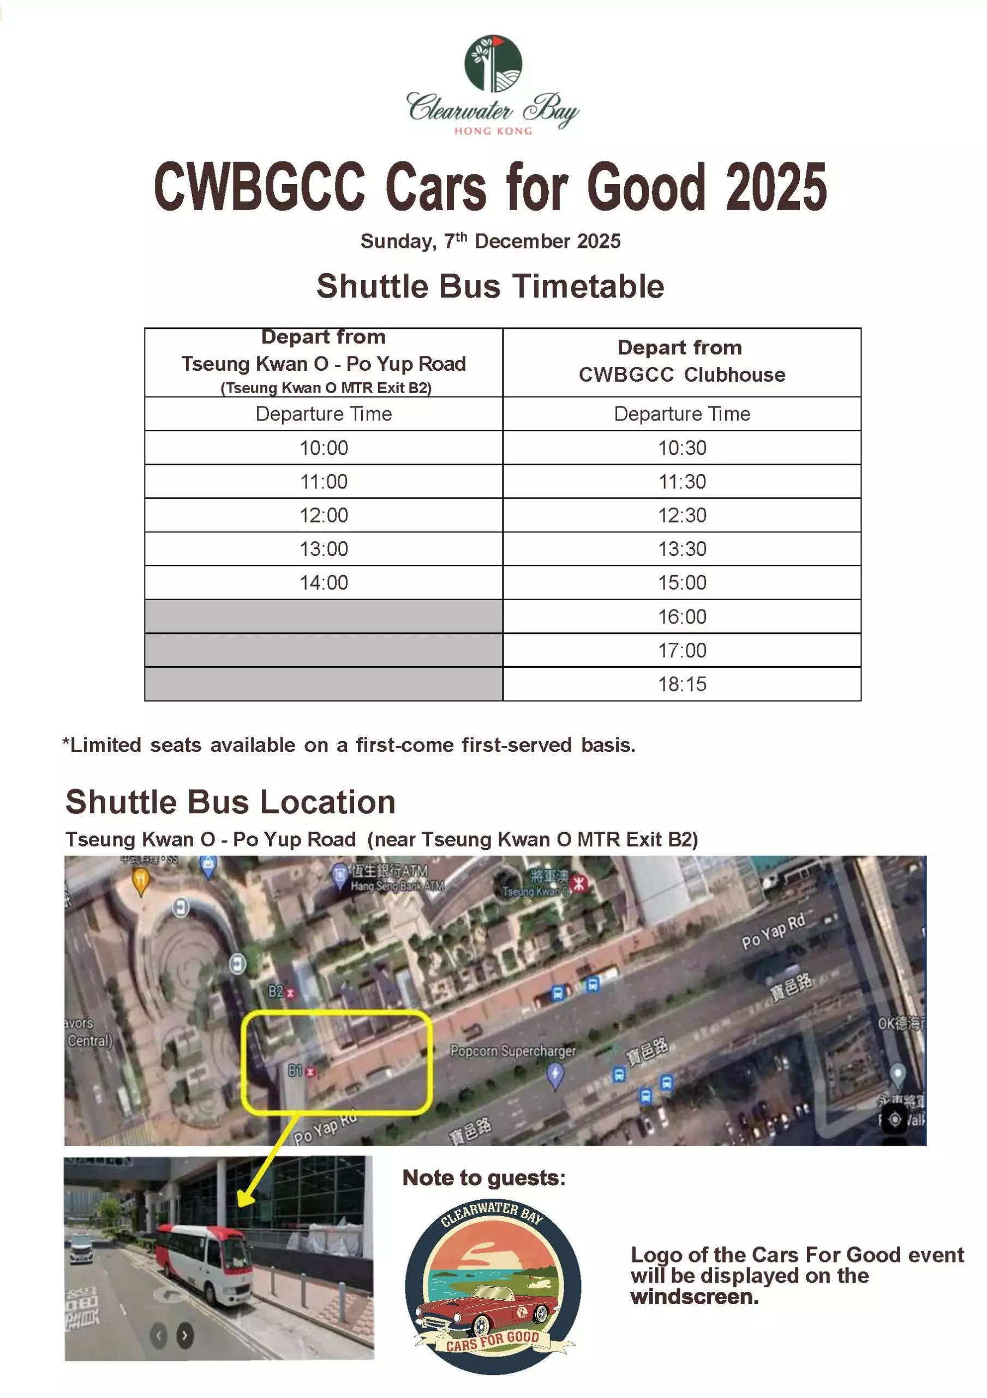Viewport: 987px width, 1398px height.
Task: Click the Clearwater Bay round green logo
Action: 492,63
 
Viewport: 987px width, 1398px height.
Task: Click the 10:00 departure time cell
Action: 323,448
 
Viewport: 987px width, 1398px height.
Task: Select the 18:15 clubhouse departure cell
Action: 681,684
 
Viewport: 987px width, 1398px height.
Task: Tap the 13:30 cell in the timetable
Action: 681,549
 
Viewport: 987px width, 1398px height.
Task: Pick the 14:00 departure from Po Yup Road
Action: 323,583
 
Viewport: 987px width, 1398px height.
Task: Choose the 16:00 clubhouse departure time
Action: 681,617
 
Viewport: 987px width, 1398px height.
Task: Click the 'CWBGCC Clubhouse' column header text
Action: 681,375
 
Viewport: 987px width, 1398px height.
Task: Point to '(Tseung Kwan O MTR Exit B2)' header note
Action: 326,388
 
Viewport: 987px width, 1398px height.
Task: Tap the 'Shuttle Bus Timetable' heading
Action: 490,286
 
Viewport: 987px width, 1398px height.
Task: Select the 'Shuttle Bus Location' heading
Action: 231,802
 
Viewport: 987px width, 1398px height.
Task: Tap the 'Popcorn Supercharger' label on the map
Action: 512,1051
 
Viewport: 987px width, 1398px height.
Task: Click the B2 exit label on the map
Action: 277,992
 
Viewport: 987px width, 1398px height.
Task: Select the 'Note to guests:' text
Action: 484,1178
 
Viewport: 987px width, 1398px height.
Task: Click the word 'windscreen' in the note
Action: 693,1297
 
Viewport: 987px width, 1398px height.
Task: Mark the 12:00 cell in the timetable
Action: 323,515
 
